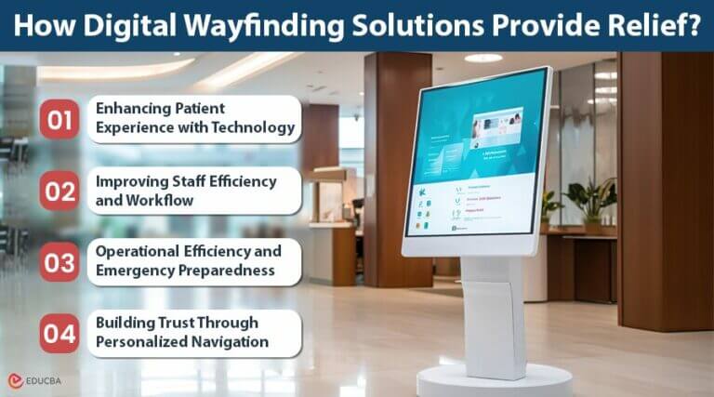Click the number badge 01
point(59,119)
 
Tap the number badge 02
point(59,191)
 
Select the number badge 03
point(59,262)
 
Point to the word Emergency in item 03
point(139,271)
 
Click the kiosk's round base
point(493,379)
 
